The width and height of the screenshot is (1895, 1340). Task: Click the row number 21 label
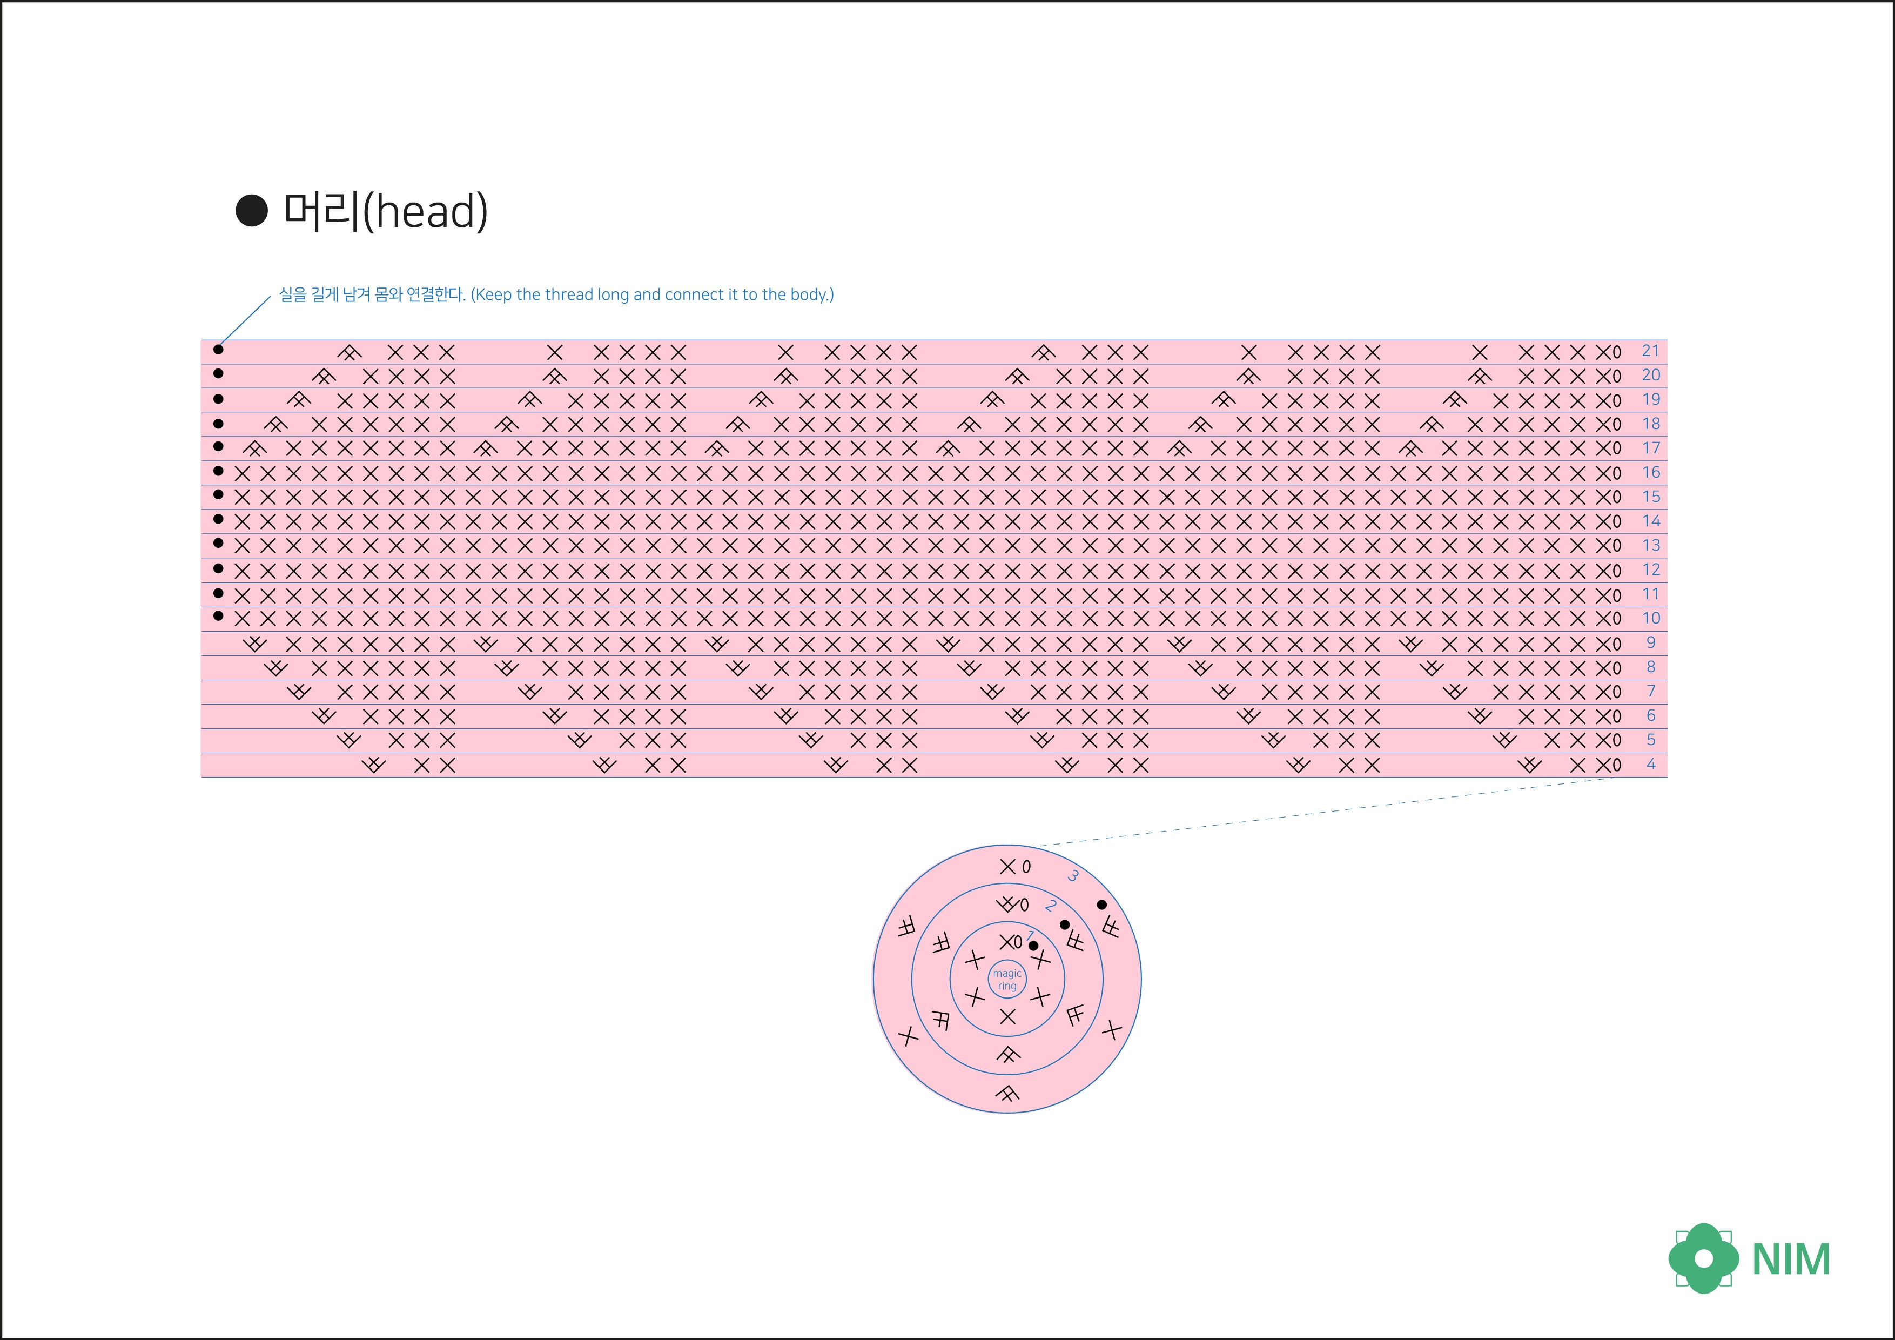click(1651, 351)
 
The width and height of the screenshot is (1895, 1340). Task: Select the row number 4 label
click(1651, 765)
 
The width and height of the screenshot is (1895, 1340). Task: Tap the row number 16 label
click(1651, 472)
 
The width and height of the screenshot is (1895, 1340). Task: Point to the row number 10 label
click(1651, 618)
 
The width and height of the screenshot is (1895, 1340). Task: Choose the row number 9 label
click(1651, 642)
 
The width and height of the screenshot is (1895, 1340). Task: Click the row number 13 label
click(1651, 546)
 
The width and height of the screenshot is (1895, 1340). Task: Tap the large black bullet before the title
click(252, 211)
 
